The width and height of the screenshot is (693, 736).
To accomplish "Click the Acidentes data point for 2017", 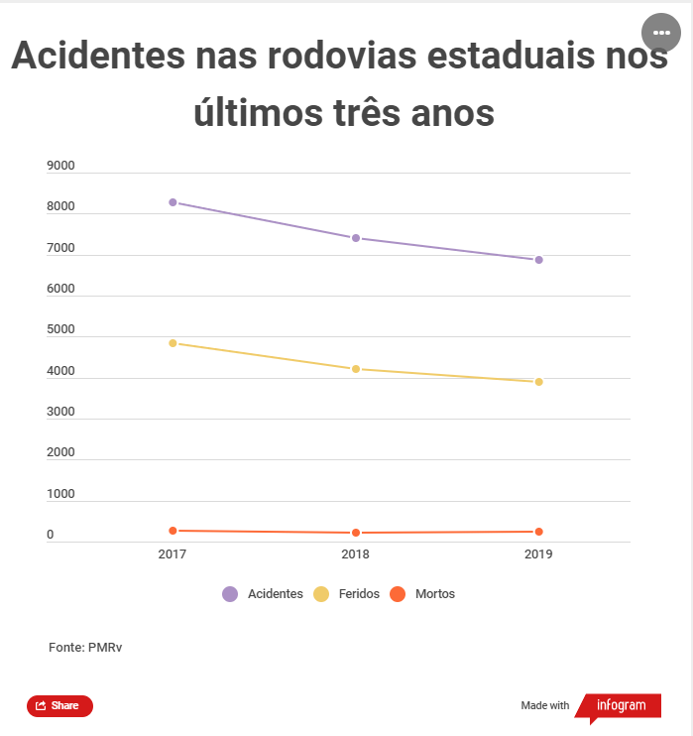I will [173, 202].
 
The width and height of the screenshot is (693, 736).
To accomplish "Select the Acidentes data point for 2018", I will [355, 238].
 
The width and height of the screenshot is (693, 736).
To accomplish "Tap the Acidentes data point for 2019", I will [538, 260].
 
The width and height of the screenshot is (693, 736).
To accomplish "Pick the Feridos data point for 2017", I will [173, 343].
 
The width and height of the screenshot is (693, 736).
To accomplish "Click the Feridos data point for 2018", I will [355, 369].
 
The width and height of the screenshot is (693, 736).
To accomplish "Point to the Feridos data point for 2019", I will [538, 382].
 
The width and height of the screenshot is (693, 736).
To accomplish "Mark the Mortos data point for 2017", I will [173, 531].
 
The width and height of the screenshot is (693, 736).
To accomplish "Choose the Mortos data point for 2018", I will [355, 533].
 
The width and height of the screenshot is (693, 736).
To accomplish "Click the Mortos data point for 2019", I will [538, 532].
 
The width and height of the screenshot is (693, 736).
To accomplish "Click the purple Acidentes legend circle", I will [230, 594].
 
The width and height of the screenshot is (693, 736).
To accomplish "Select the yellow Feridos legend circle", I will [321, 594].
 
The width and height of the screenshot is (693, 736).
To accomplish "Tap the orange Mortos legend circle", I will [398, 594].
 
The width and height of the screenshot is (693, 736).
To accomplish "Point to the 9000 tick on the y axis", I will [61, 166].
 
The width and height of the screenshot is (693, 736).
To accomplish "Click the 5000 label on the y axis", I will [61, 329].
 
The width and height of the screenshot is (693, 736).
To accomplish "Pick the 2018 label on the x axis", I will [355, 554].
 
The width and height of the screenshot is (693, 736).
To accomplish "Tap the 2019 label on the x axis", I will [538, 554].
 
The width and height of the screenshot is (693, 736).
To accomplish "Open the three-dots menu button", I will [661, 33].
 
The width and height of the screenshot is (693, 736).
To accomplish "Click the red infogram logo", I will [620, 706].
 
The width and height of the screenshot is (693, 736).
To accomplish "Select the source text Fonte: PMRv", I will [85, 647].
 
